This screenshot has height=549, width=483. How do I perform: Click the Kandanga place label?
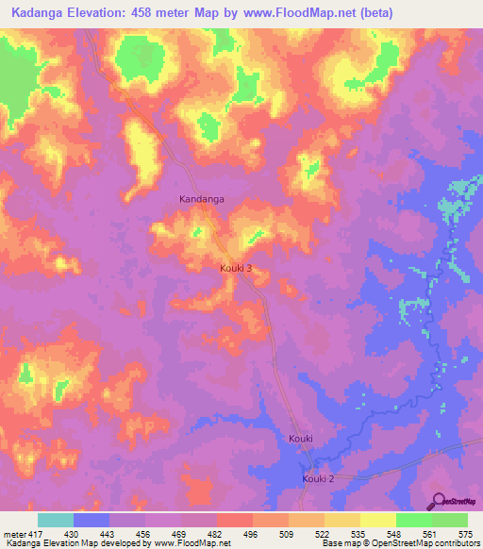[x=202, y=199]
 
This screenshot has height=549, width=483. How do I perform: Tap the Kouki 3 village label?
[x=235, y=269]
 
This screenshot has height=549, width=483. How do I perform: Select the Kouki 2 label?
[x=318, y=479]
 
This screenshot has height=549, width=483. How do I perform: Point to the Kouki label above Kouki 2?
[x=300, y=440]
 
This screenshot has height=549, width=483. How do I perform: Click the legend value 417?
[x=34, y=533]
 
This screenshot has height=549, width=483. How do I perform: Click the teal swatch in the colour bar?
[x=56, y=520]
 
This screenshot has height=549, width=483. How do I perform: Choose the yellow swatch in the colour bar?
[x=378, y=520]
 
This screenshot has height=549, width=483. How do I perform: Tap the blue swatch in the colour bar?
[x=92, y=520]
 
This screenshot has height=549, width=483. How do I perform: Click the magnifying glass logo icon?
[x=439, y=502]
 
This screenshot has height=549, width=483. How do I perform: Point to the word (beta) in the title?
[x=371, y=12]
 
